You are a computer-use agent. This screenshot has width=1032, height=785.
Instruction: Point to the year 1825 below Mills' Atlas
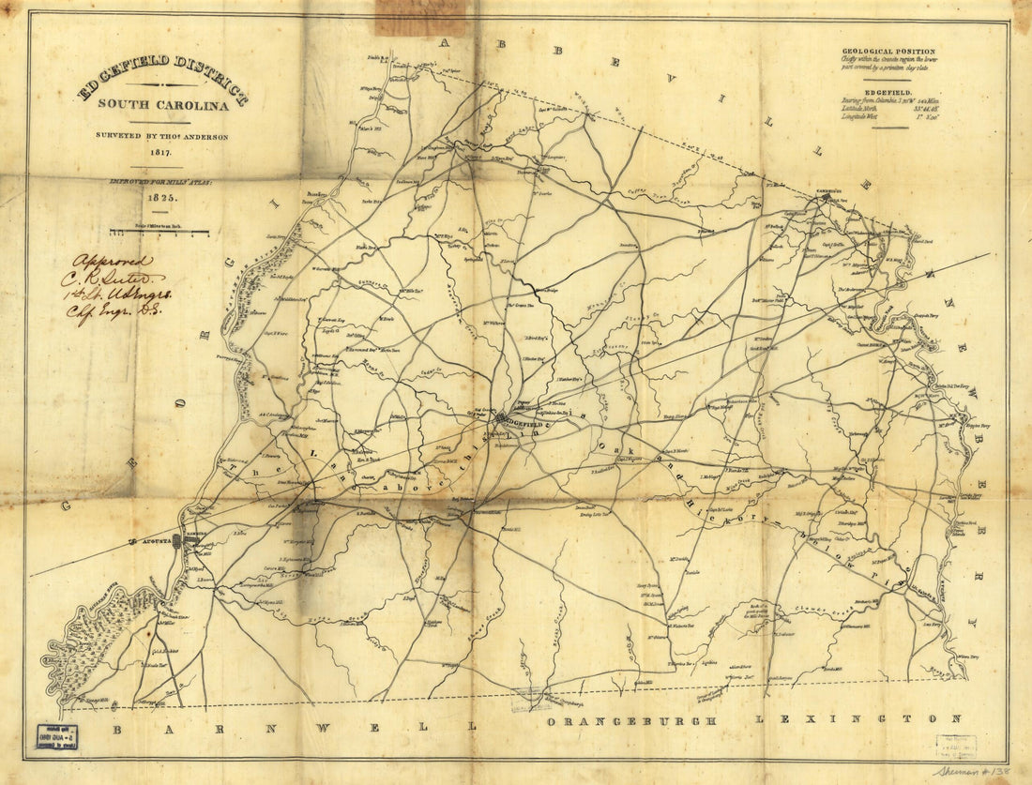tap(159, 199)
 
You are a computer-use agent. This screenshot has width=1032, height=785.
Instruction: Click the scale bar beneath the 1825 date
tap(159, 230)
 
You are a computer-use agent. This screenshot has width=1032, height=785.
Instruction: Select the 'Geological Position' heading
tap(888, 52)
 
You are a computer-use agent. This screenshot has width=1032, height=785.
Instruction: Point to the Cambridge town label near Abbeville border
tap(829, 198)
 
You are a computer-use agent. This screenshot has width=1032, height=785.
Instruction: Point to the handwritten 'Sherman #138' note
tap(973, 770)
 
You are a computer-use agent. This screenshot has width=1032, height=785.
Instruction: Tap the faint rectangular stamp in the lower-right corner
tap(955, 746)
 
